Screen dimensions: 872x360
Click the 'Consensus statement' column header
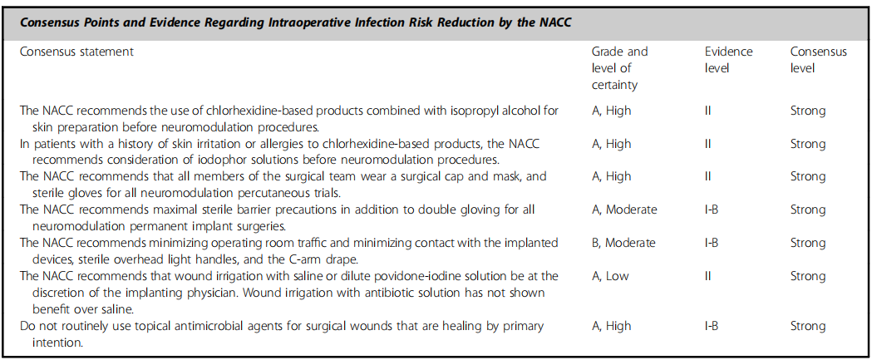tap(76, 52)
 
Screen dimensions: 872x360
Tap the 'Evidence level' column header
tap(728, 60)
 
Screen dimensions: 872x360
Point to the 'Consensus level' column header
tap(819, 60)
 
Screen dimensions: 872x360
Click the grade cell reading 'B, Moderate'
tap(623, 243)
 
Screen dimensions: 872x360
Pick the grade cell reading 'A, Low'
tap(611, 277)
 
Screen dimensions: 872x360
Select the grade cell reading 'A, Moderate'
tap(624, 210)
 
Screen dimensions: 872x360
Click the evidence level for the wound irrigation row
tap(708, 277)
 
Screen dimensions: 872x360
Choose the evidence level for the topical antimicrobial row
tap(712, 326)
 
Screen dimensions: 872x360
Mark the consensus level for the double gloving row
tap(808, 210)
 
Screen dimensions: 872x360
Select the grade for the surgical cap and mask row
tap(611, 176)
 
